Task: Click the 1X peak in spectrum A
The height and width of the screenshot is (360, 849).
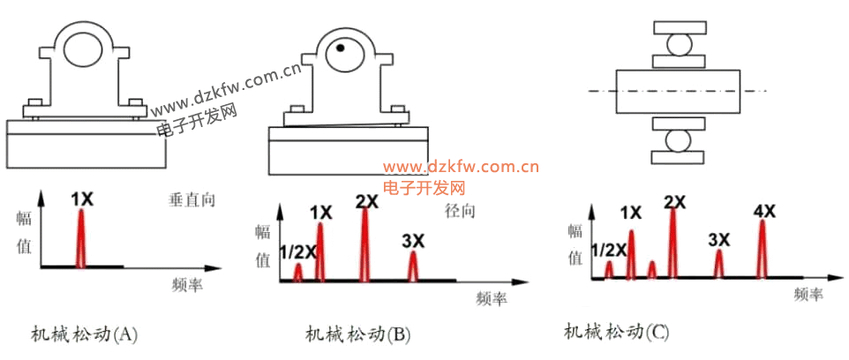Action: [81, 238]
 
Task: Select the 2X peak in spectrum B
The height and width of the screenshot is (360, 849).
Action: [365, 244]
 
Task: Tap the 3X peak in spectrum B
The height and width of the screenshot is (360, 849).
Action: [413, 266]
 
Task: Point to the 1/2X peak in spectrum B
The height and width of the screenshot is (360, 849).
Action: [297, 273]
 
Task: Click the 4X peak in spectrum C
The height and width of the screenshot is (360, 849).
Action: [763, 249]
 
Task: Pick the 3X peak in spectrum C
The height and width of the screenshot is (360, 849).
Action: [719, 264]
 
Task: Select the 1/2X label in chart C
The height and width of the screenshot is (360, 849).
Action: [609, 250]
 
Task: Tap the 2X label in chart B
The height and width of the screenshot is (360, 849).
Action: [367, 201]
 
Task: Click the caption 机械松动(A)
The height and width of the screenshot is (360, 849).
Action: [84, 334]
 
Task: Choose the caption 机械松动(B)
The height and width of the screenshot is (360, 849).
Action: [358, 334]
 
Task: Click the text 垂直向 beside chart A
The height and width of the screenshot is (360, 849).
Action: [192, 199]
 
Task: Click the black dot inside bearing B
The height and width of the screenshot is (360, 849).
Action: [340, 48]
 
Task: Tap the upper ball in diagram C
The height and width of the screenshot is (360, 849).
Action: [680, 44]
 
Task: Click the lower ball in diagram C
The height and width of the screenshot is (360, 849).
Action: [680, 141]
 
